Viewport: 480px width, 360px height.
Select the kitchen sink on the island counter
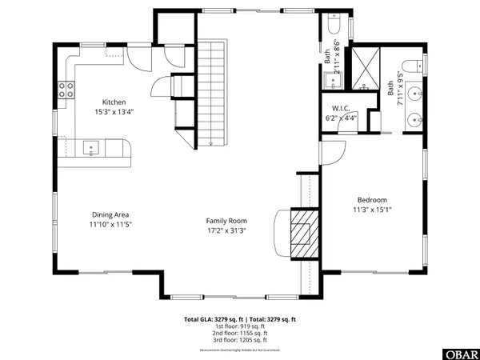[x=91, y=147]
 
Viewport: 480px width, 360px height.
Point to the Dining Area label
[x=111, y=214]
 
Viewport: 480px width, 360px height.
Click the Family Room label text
[x=226, y=221]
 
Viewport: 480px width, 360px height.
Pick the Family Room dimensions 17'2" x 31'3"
[x=226, y=230]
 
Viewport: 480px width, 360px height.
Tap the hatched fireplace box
[x=302, y=233]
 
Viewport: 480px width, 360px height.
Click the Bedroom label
[x=372, y=200]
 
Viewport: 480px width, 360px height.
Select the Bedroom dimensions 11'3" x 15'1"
[x=372, y=210]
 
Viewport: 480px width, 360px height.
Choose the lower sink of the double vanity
[x=414, y=120]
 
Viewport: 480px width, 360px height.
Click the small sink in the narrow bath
[x=330, y=79]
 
